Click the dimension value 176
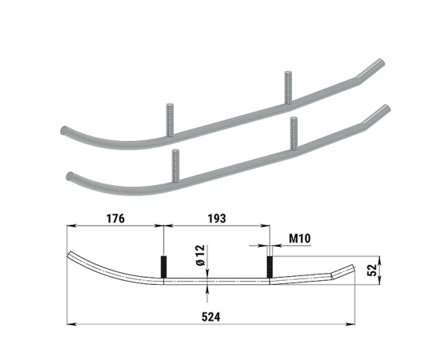pyautogui.click(x=116, y=218)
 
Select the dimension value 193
pyautogui.click(x=217, y=218)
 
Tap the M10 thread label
pyautogui.click(x=300, y=239)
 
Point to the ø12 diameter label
pyautogui.click(x=200, y=256)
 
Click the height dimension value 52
pyautogui.click(x=372, y=270)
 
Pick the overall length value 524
pyautogui.click(x=211, y=317)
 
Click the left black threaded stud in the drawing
pyautogui.click(x=164, y=267)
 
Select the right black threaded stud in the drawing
pyautogui.click(x=270, y=267)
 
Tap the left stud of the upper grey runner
pyautogui.click(x=169, y=120)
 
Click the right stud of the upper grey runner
pyautogui.click(x=288, y=87)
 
